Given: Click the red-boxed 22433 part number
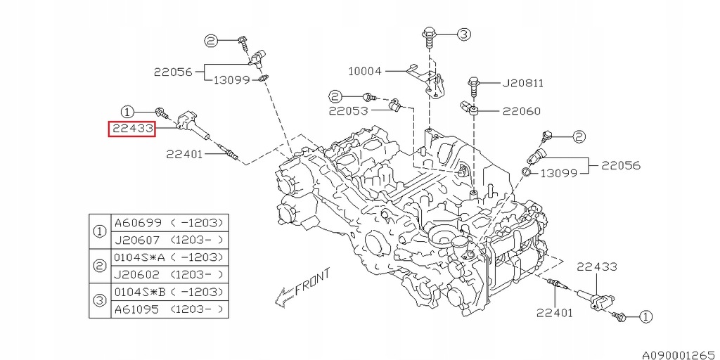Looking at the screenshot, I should click(x=131, y=129).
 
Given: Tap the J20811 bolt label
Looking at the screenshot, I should click(x=522, y=83).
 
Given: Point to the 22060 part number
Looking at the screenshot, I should click(x=521, y=110).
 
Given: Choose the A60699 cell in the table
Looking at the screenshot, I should click(x=139, y=223).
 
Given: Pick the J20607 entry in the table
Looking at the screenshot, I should click(x=139, y=240).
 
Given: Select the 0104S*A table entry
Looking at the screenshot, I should click(x=139, y=257).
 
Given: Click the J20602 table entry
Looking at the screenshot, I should click(x=139, y=275).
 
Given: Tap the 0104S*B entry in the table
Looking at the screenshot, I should click(x=139, y=292).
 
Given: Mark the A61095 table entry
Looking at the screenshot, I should click(x=139, y=309).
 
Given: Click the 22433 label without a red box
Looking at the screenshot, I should click(x=597, y=266).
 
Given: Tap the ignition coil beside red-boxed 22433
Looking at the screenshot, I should click(x=193, y=122).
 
